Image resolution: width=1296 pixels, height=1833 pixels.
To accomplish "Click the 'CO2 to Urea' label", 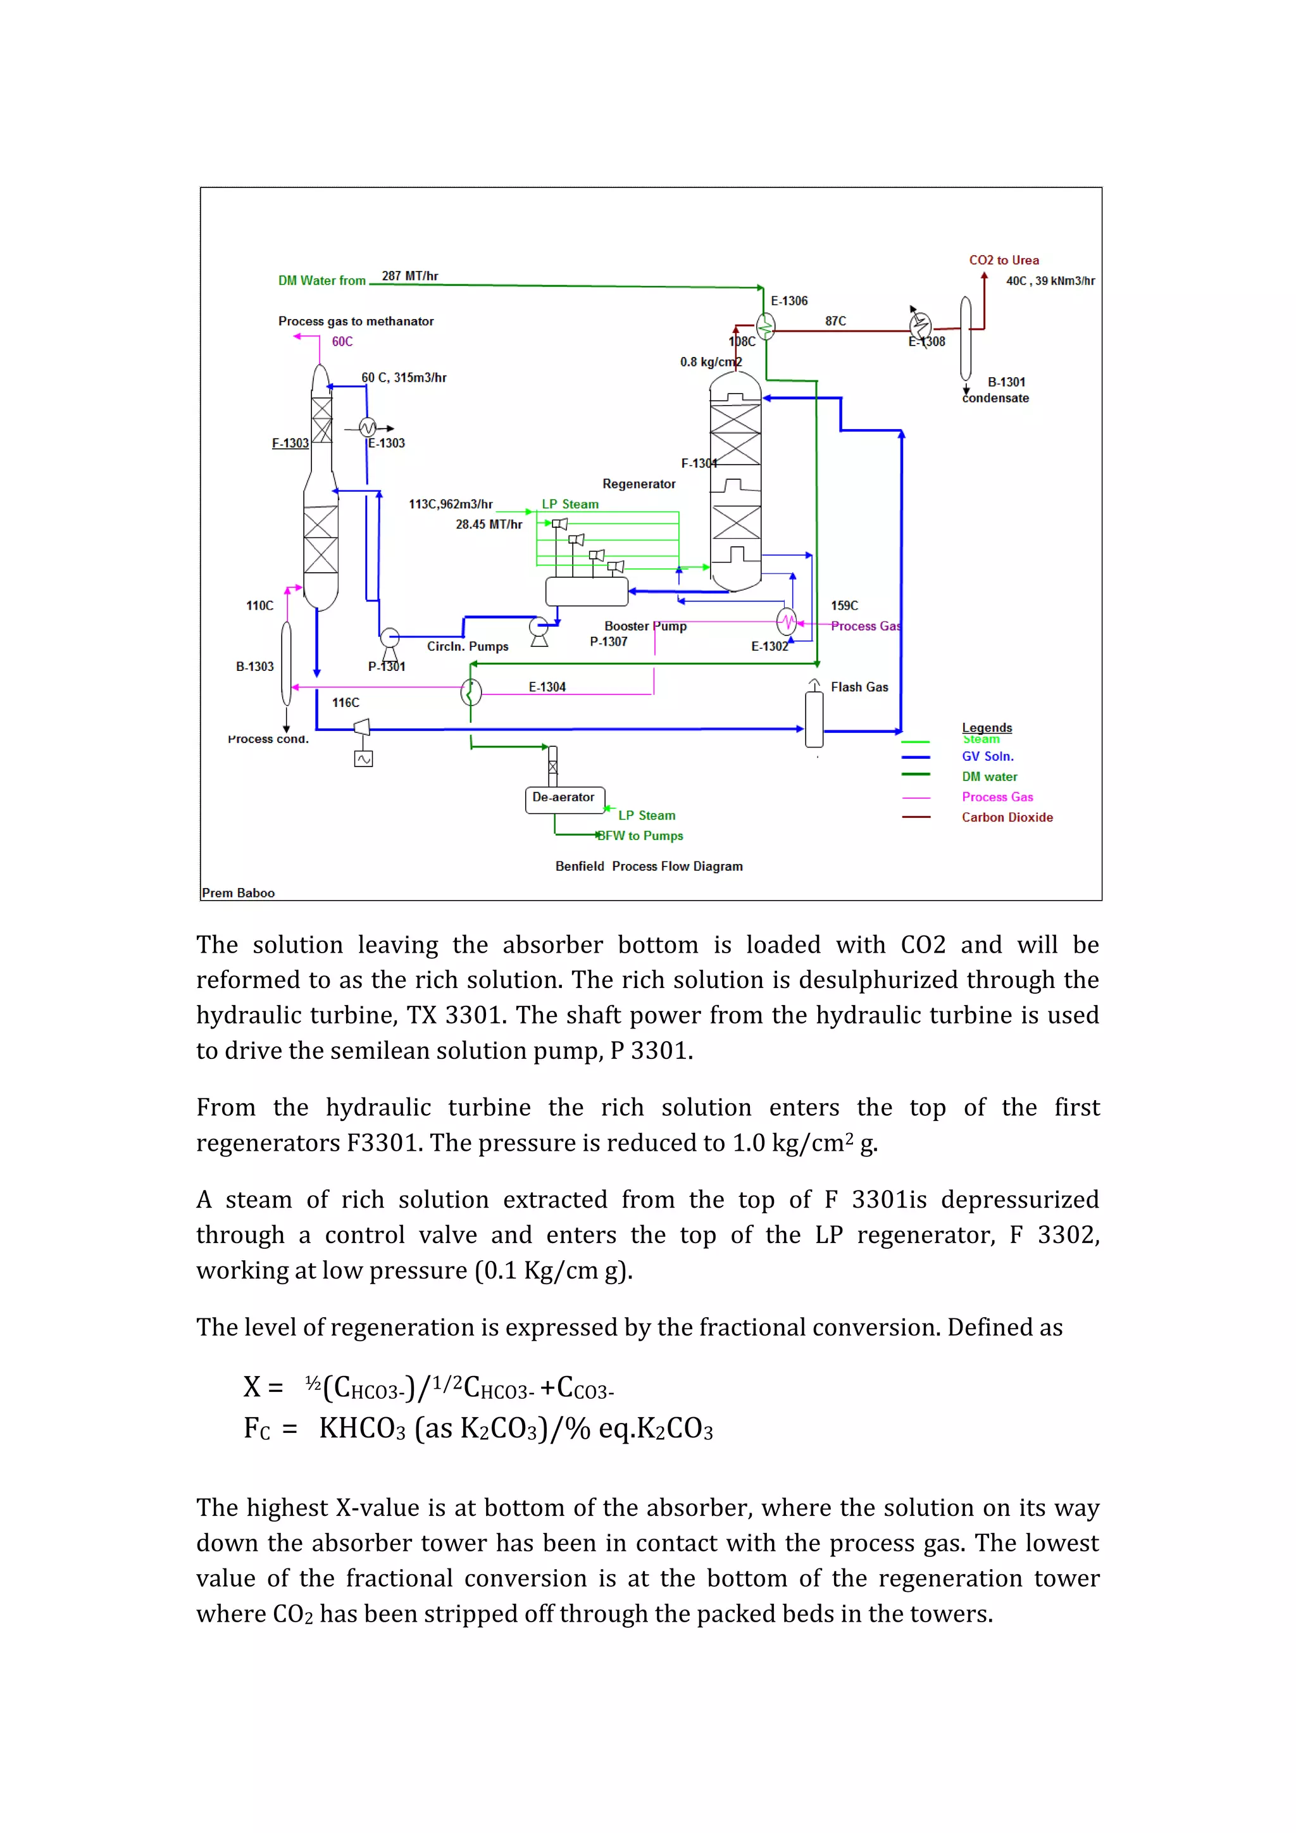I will [x=1003, y=260].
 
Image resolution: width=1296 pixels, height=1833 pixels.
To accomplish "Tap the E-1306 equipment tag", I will [x=788, y=301].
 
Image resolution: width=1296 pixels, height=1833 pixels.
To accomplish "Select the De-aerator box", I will [x=564, y=798].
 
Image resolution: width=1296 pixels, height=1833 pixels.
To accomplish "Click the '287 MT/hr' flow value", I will [x=409, y=276].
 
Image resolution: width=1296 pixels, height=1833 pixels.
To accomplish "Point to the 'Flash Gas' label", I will [x=859, y=687].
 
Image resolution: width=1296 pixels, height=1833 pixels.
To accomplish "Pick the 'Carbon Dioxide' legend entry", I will [x=1006, y=818].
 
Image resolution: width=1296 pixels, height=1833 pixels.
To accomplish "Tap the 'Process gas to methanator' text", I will [x=356, y=321].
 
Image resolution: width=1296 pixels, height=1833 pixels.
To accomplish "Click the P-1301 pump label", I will [x=386, y=666].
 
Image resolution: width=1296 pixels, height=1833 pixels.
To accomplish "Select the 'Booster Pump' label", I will [x=645, y=626].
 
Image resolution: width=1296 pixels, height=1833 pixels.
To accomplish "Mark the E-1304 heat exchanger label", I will [x=547, y=687].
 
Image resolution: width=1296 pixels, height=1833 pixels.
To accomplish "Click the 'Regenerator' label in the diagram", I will [x=639, y=484].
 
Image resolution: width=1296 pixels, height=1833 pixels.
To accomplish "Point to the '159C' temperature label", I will [x=844, y=606].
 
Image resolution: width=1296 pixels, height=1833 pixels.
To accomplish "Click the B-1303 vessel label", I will [x=254, y=666].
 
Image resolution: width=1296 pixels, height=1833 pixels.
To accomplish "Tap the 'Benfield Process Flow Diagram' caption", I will [x=648, y=866].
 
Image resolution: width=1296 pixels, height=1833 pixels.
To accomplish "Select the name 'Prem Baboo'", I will [x=238, y=893].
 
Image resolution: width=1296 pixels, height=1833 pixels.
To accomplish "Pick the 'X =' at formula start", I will [x=263, y=1387].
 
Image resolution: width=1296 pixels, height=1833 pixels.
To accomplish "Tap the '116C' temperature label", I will [x=346, y=703].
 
